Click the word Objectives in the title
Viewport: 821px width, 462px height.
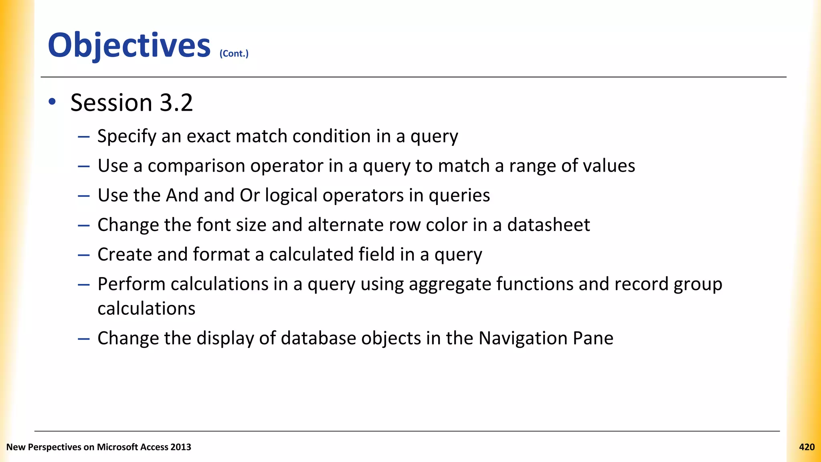coord(129,45)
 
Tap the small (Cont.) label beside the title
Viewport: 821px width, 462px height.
coord(234,53)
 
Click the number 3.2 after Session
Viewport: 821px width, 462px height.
coord(176,103)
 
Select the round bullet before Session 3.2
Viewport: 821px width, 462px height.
coord(52,102)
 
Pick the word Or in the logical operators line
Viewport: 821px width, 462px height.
coord(249,195)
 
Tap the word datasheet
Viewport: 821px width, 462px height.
coord(548,225)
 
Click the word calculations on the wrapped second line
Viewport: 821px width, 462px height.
coord(146,309)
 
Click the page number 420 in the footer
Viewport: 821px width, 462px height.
coord(807,447)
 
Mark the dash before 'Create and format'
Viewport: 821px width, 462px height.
coord(84,255)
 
